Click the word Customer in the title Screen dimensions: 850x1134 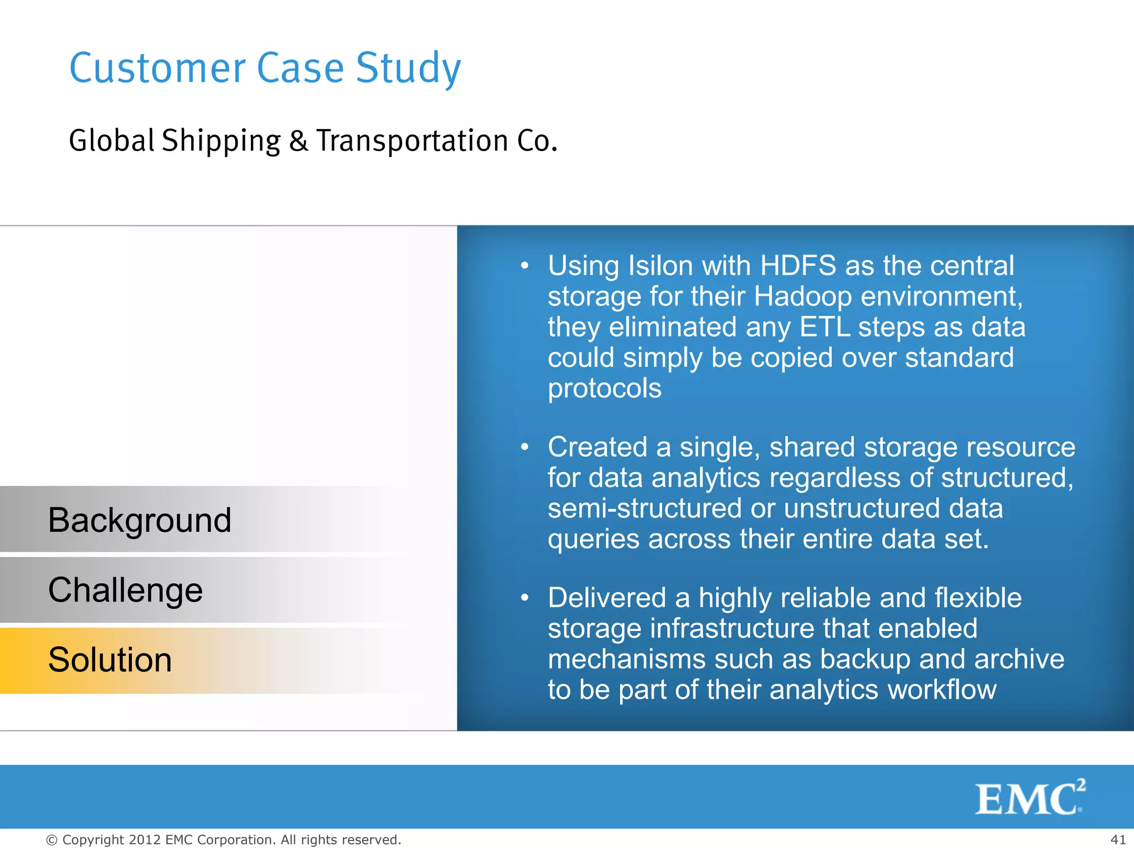pyautogui.click(x=157, y=68)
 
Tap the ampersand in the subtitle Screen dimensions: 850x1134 pyautogui.click(x=298, y=141)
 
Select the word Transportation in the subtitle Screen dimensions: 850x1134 pyautogui.click(x=412, y=141)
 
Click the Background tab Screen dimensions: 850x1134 pyautogui.click(x=140, y=520)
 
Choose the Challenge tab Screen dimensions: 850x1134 pyautogui.click(x=126, y=590)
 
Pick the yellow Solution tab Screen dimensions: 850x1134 pyautogui.click(x=110, y=660)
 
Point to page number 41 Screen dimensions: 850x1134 pyautogui.click(x=1118, y=839)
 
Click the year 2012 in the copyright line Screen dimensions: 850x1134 pyautogui.click(x=145, y=839)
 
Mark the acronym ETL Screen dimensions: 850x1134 pyautogui.click(x=824, y=327)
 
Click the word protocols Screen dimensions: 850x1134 pyautogui.click(x=604, y=388)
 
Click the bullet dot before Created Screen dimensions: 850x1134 pyautogui.click(x=524, y=447)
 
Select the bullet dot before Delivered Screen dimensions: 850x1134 pyautogui.click(x=524, y=598)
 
